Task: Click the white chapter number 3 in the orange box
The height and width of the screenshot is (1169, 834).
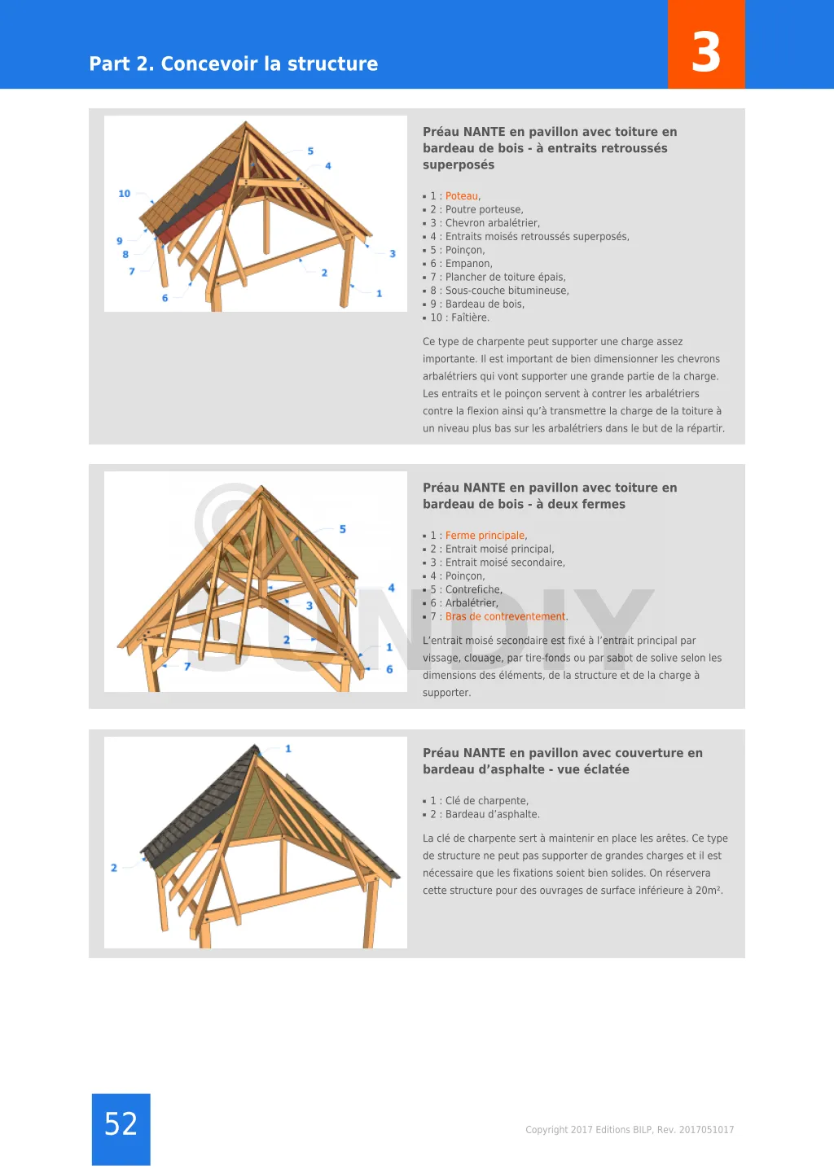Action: click(x=706, y=52)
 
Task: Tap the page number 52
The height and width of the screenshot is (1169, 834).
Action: click(x=121, y=1124)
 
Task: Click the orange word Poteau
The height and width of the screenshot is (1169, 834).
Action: click(x=462, y=196)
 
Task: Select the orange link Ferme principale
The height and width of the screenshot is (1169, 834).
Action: click(x=485, y=536)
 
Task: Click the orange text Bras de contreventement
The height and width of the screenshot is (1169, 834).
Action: click(x=505, y=617)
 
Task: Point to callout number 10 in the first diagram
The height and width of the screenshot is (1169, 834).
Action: click(x=124, y=194)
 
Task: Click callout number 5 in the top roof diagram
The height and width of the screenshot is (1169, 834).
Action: click(x=310, y=151)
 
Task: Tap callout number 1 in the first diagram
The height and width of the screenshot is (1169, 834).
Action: click(x=380, y=293)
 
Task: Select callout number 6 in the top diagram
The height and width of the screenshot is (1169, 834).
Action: click(x=165, y=298)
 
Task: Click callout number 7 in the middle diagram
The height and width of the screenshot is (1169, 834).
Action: click(x=187, y=667)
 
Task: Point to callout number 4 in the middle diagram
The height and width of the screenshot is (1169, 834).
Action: click(x=392, y=588)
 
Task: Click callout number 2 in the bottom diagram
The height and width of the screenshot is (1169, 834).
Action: click(x=114, y=868)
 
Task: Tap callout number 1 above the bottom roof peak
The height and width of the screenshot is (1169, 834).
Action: click(x=288, y=748)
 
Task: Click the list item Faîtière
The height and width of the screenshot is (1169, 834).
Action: click(x=470, y=318)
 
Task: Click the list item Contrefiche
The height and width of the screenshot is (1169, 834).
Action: click(x=473, y=590)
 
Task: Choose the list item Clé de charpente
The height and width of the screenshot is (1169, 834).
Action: click(x=486, y=801)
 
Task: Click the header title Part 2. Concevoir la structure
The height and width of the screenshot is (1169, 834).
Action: click(x=234, y=63)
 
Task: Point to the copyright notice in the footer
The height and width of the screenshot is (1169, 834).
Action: click(x=630, y=1130)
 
